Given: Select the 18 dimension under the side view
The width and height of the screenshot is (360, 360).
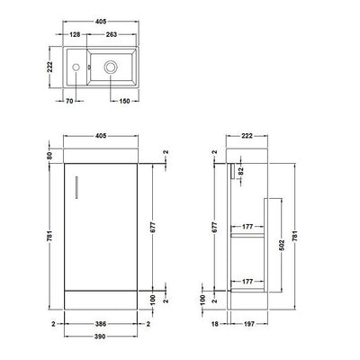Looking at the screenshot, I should [214, 321].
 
